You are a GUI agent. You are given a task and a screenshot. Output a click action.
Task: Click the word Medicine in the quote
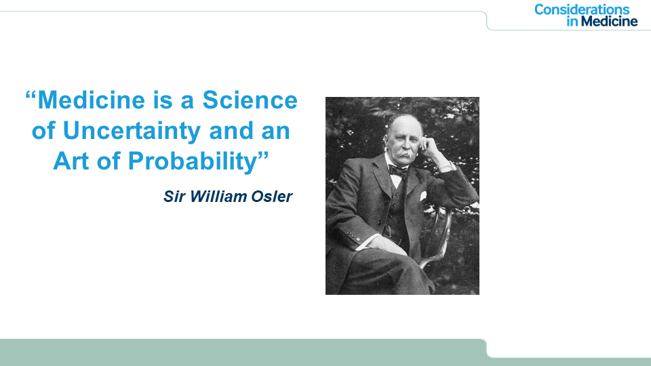[92, 100]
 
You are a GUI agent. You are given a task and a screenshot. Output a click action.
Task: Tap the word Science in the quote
[250, 100]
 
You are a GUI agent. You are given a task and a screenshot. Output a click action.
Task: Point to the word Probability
[193, 162]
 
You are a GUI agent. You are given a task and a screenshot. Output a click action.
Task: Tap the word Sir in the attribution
[174, 197]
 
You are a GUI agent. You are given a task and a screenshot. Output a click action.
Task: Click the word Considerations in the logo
[582, 9]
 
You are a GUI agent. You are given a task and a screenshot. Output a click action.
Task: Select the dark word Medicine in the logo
[609, 21]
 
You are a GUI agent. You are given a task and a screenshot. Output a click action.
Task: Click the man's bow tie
[398, 170]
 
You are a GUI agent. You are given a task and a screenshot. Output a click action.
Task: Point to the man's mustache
[403, 155]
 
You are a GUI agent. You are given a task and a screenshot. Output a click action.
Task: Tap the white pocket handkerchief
[423, 196]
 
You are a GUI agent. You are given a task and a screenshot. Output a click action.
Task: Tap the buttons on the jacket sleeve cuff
[353, 236]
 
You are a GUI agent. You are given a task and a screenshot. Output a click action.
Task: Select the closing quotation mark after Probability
[263, 156]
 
